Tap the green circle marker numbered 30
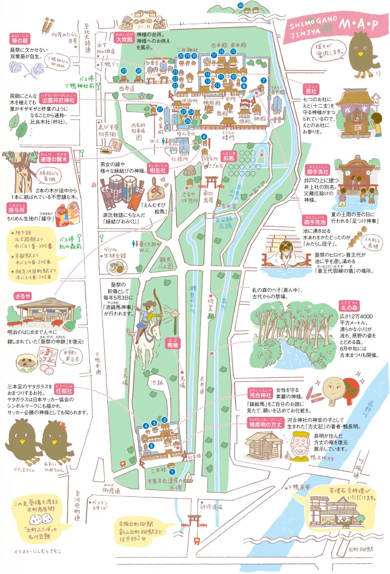tap(240, 6)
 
